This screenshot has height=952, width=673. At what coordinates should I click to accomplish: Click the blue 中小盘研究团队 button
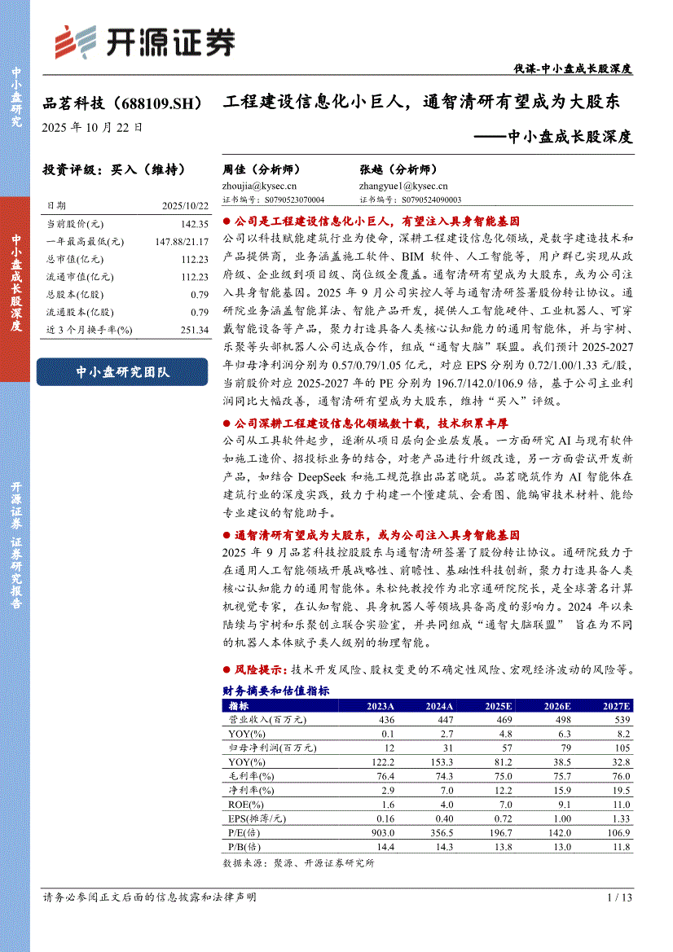(122, 371)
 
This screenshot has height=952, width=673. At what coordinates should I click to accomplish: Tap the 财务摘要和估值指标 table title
(275, 691)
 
